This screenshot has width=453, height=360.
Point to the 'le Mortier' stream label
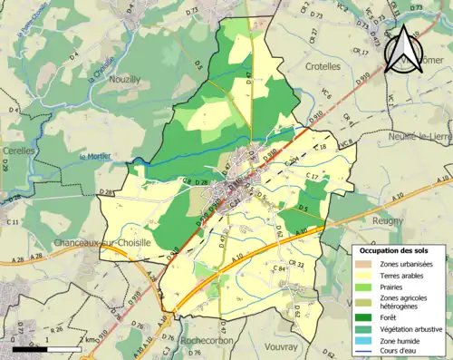(x=95, y=155)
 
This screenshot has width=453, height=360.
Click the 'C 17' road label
(x=313, y=175)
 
